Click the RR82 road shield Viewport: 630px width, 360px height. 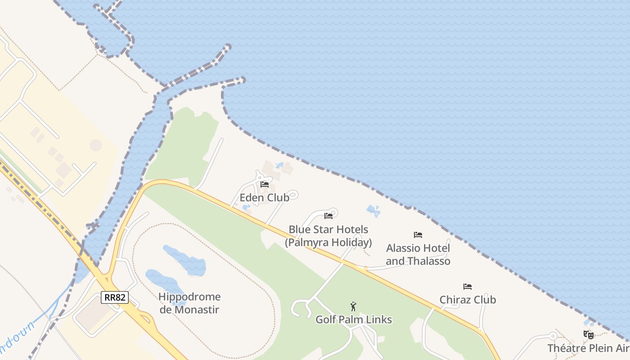tap(115, 297)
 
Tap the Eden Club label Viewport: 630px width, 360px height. tap(264, 198)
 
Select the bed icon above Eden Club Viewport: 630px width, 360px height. tap(265, 184)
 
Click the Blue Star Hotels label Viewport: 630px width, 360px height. tap(328, 229)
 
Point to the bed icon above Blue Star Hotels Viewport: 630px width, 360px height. tap(328, 216)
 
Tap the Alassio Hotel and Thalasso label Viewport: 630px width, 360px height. tap(418, 254)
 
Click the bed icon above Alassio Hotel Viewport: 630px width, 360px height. tap(418, 235)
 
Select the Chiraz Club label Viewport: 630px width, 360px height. tap(468, 300)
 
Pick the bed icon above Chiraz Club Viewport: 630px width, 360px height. tap(468, 287)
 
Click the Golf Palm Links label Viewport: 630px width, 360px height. tap(353, 319)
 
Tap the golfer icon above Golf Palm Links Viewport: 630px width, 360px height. tap(353, 306)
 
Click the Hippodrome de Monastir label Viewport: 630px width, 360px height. tap(189, 303)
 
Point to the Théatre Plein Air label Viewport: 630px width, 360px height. tap(588, 348)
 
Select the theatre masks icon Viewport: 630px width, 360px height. tap(588, 334)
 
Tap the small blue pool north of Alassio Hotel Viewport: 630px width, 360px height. tap(373, 210)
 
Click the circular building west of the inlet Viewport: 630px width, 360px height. tap(96, 145)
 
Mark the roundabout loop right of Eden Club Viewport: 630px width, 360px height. tap(292, 195)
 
